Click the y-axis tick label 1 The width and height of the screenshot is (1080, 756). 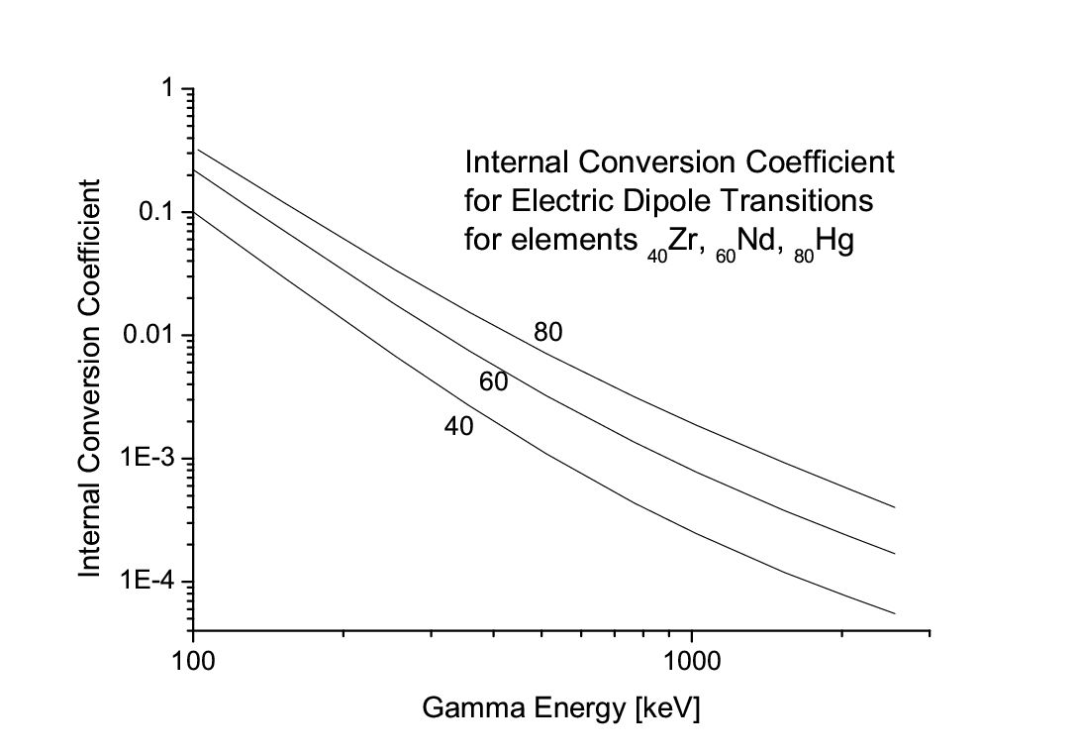(x=170, y=89)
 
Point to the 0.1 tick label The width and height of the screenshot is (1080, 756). (x=158, y=213)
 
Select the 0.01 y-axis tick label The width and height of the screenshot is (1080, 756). (x=150, y=336)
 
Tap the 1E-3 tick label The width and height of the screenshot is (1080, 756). (x=151, y=459)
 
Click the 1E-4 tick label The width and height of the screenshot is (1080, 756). (x=151, y=582)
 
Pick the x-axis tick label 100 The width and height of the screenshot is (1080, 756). (x=193, y=660)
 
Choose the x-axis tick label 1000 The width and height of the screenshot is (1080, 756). (x=691, y=660)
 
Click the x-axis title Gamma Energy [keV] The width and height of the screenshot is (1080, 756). (x=561, y=709)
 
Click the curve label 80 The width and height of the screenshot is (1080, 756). (x=547, y=333)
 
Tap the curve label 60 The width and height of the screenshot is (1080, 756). (x=493, y=381)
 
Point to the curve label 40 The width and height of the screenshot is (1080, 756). (x=458, y=427)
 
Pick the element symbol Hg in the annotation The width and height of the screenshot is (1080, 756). (x=834, y=242)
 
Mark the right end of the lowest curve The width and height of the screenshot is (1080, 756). (x=895, y=613)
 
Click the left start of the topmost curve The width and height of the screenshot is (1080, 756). (x=199, y=150)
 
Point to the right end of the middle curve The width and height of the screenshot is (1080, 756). (x=895, y=553)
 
